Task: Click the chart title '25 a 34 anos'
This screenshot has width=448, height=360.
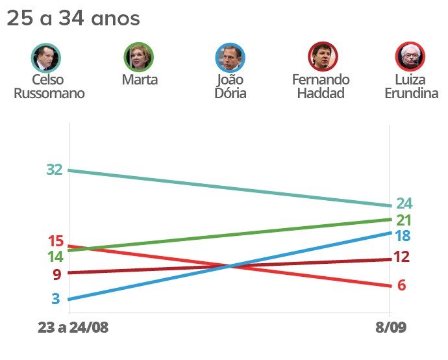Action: [73, 18]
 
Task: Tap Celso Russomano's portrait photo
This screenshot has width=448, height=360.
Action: [46, 57]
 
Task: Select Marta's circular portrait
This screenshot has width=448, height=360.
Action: [139, 57]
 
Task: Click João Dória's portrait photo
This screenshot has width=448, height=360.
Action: [230, 57]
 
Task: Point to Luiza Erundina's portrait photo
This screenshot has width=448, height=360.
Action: [410, 57]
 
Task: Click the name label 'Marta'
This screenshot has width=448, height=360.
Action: [140, 80]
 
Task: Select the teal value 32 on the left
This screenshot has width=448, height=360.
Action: [55, 170]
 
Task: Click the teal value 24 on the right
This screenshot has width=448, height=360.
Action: [404, 203]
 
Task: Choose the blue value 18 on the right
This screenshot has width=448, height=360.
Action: [403, 236]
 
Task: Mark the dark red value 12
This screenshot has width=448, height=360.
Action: [401, 257]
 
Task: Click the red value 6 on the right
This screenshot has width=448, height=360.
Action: [401, 285]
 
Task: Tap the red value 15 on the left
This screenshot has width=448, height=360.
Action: [55, 241]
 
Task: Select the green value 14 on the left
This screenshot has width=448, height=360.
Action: [55, 256]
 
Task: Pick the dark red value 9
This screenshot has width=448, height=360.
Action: [56, 274]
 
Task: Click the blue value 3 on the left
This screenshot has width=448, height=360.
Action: [56, 299]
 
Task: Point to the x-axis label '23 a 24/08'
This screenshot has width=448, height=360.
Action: [73, 328]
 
